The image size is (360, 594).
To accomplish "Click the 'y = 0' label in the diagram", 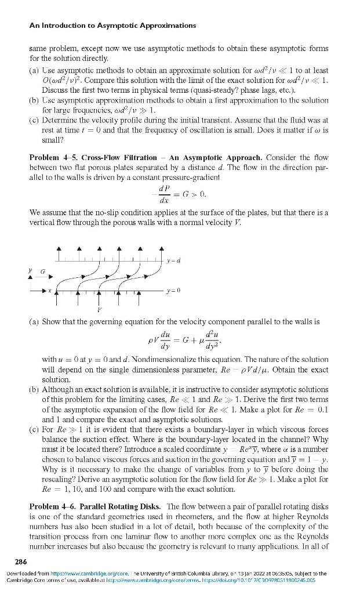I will tap(173, 289).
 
